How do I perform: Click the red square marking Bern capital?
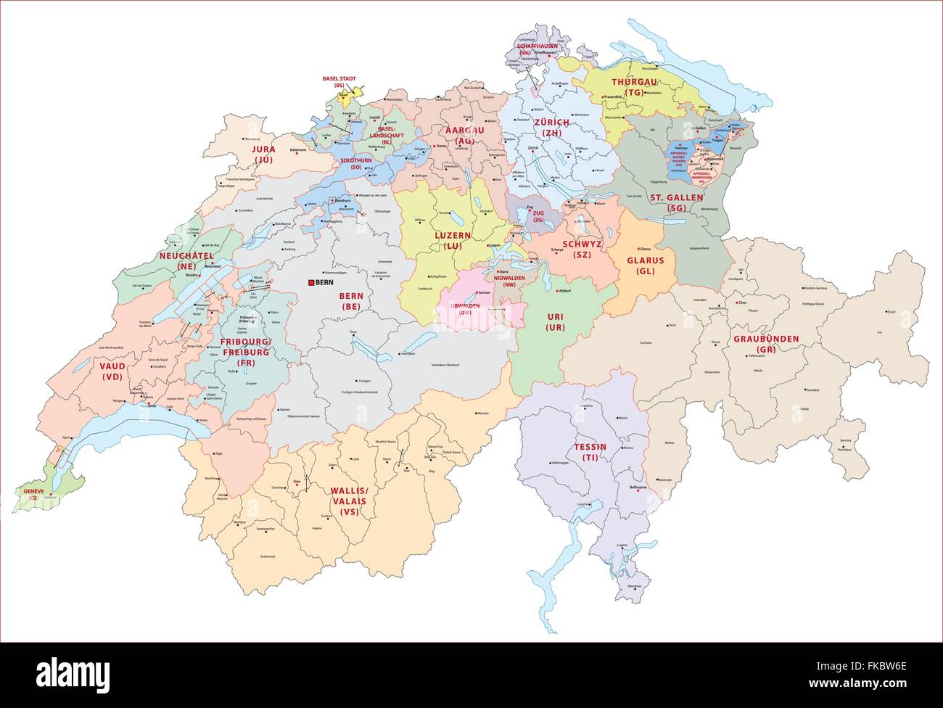coord(311,282)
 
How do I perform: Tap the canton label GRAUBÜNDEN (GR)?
coord(765,344)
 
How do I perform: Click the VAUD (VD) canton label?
coord(112,372)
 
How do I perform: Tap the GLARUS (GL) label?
coord(645,265)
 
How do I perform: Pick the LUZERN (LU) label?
coord(453,241)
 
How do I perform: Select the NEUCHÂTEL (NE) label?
coord(186,261)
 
